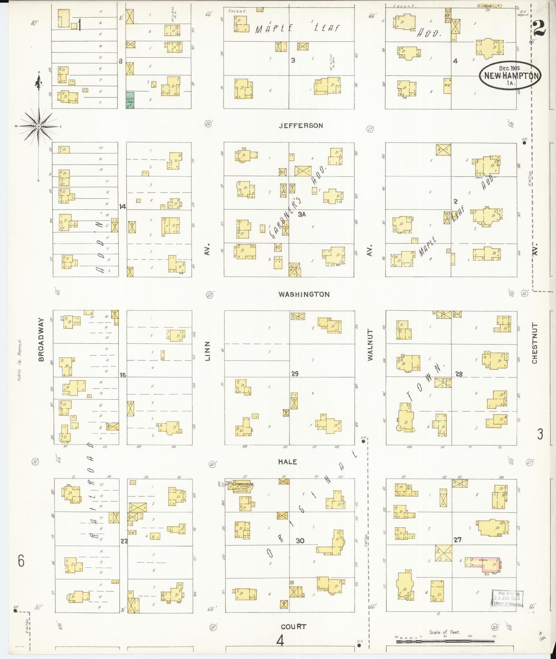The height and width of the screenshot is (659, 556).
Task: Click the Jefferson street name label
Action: coord(301,126)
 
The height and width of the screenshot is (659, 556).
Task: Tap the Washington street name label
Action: coord(304,294)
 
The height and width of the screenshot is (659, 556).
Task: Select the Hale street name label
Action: coord(288,462)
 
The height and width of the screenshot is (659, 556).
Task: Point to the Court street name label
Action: coord(293,627)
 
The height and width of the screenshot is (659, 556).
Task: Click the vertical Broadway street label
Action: coord(41,339)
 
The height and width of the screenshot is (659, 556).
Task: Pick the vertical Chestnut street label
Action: coord(534,343)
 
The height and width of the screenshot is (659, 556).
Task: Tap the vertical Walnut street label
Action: coord(370,345)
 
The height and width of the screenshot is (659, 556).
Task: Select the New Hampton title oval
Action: coord(510,75)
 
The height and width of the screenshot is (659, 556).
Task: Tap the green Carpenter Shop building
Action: coord(130,100)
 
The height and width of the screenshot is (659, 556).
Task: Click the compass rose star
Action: coord(39,127)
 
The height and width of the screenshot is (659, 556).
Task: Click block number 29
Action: coord(294,374)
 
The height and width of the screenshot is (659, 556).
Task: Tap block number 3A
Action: coord(302,214)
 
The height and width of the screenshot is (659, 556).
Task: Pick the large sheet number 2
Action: coord(539,29)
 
